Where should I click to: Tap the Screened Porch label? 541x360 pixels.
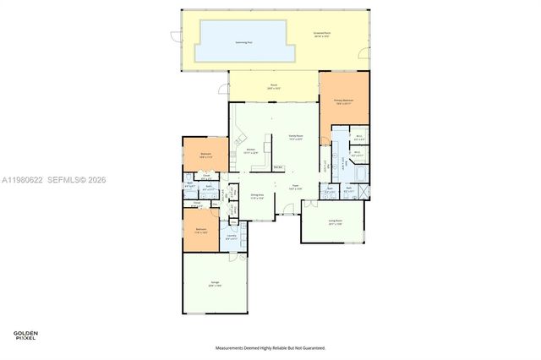point(323,35)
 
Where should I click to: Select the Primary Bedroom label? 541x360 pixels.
point(342,101)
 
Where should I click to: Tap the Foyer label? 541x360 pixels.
point(296,188)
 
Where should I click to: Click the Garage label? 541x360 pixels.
point(215,284)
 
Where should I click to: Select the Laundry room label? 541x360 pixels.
point(231,237)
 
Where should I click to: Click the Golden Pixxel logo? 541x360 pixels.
point(25,335)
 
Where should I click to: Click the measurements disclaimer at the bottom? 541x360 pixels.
point(270,347)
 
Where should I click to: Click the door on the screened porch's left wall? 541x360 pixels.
point(175,36)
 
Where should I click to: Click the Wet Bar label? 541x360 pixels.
point(278,167)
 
